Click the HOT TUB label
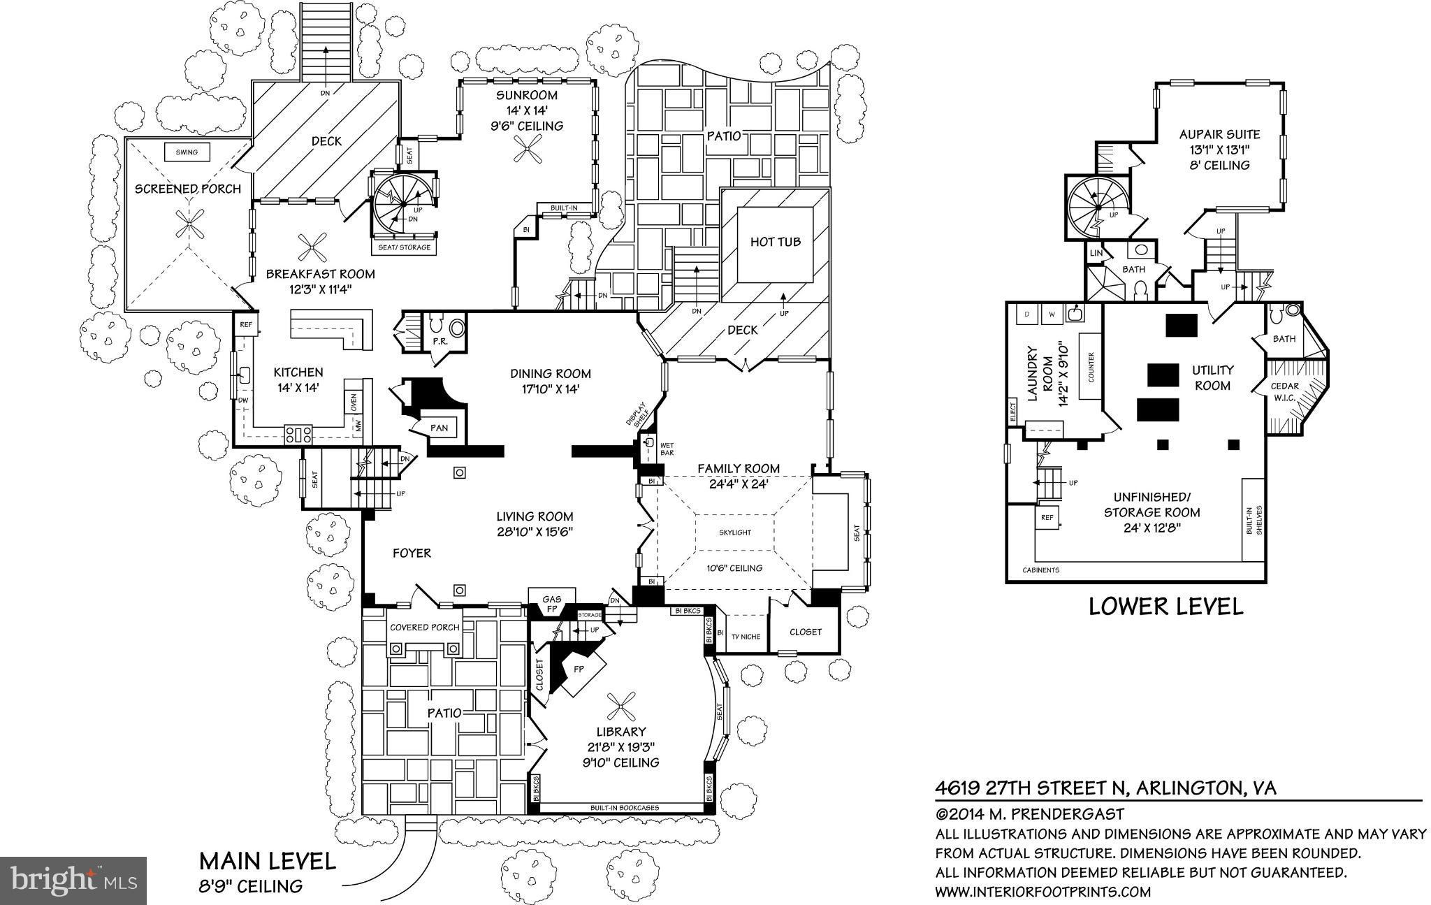click(x=775, y=242)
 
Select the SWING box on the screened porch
click(x=187, y=152)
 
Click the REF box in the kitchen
click(x=245, y=324)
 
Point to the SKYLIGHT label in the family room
click(x=735, y=533)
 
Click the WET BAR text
click(x=667, y=449)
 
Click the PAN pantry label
click(x=439, y=428)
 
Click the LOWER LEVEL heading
click(x=1166, y=607)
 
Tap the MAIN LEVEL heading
click(x=267, y=860)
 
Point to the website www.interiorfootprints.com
click(x=1043, y=891)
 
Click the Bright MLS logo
click(x=73, y=878)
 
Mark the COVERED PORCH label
click(x=424, y=627)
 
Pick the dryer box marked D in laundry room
click(x=1026, y=314)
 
